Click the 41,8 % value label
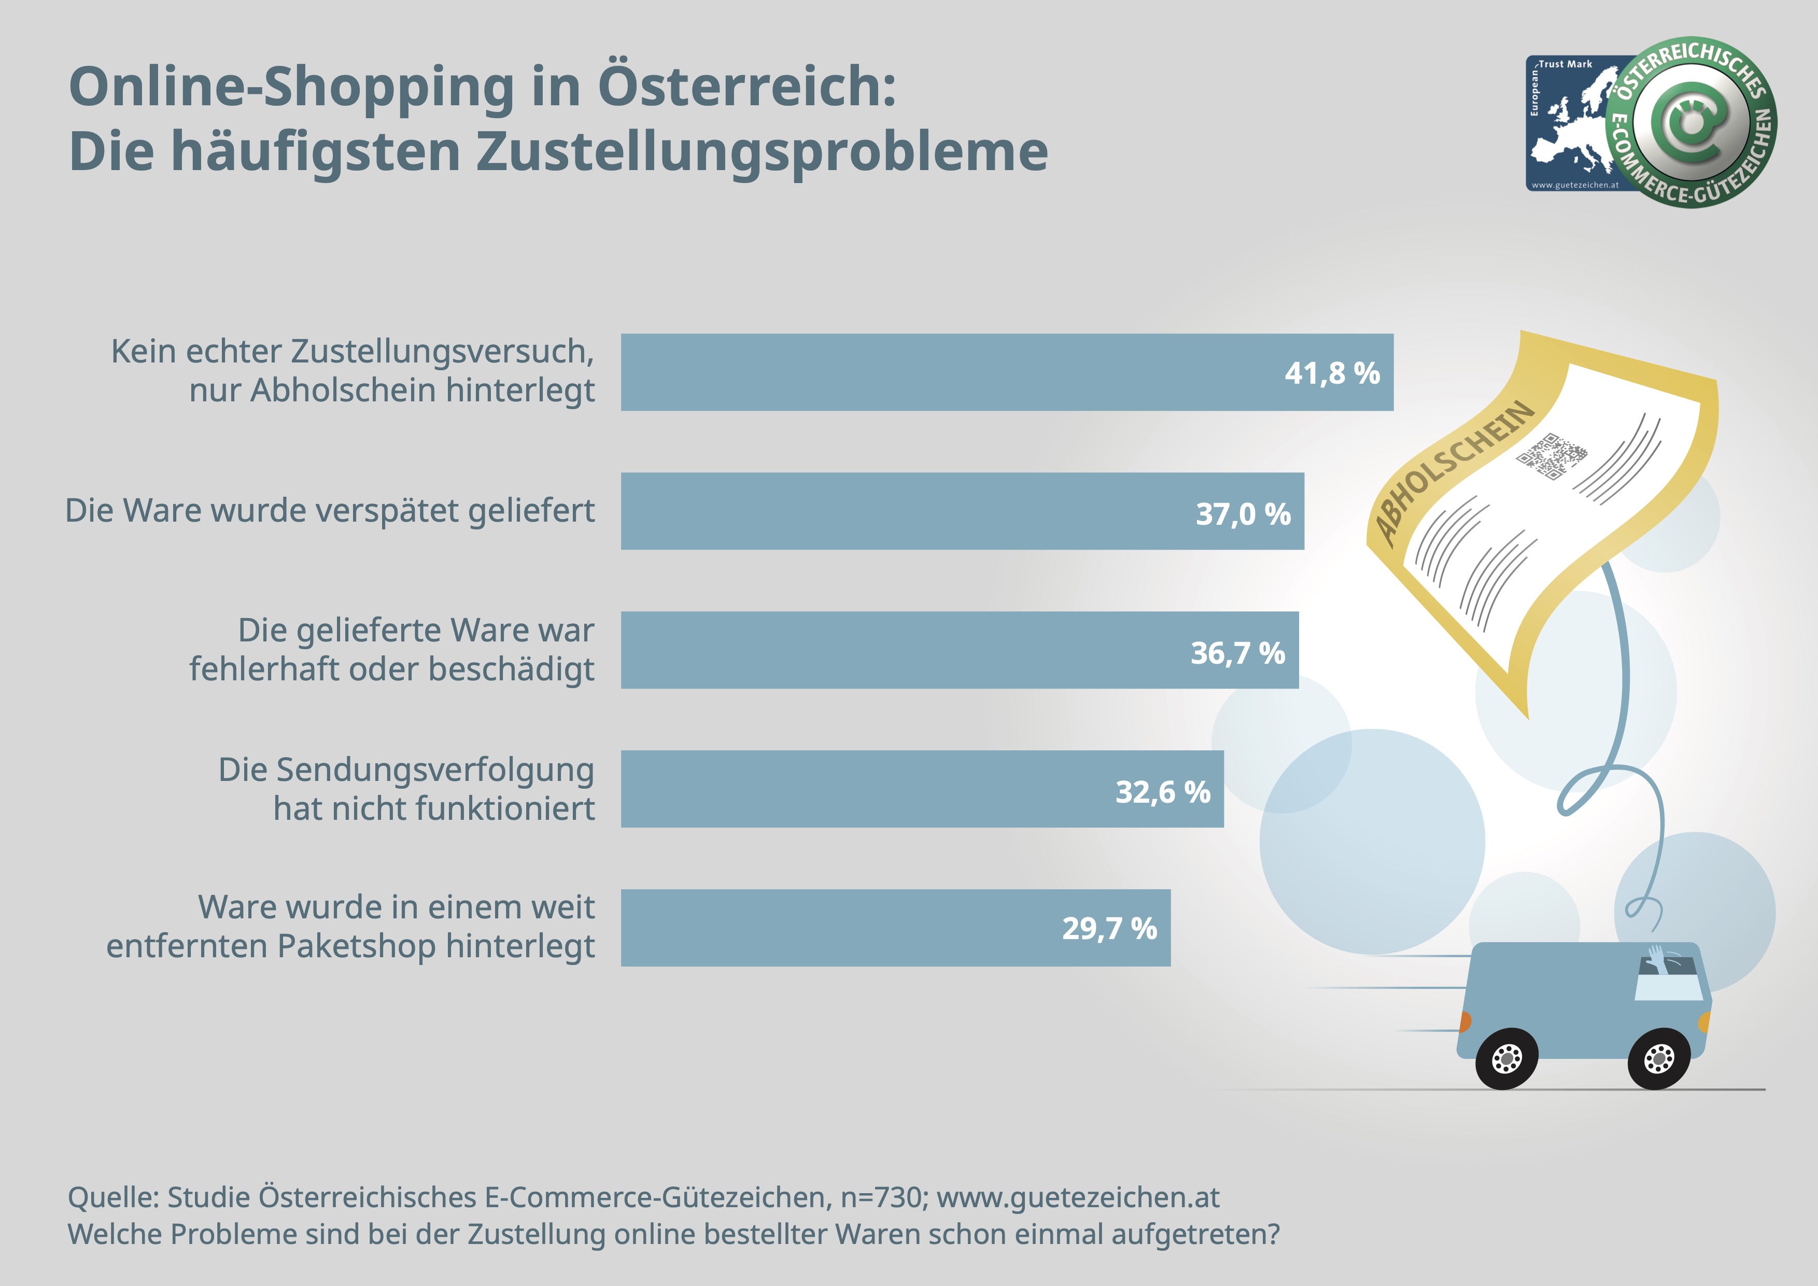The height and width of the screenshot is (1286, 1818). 1332,373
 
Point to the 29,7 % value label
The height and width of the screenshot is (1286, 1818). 1109,928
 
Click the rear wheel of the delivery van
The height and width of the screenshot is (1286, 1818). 1507,1059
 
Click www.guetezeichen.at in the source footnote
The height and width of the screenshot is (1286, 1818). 1078,1197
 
